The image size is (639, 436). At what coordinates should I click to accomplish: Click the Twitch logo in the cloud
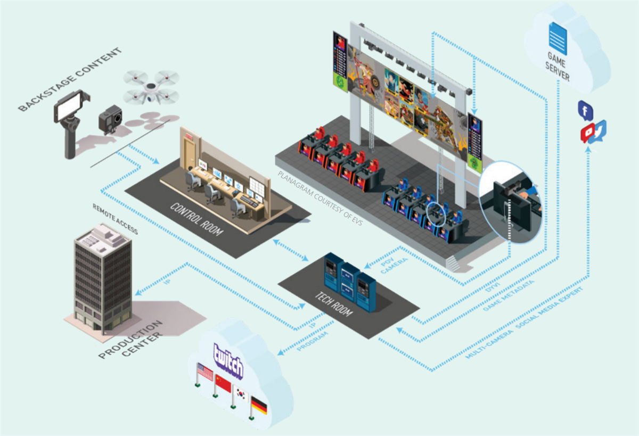228,360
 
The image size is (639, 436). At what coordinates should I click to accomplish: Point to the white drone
151,87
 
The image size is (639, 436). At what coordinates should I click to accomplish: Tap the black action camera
110,118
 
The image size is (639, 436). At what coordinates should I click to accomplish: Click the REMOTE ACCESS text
115,219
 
